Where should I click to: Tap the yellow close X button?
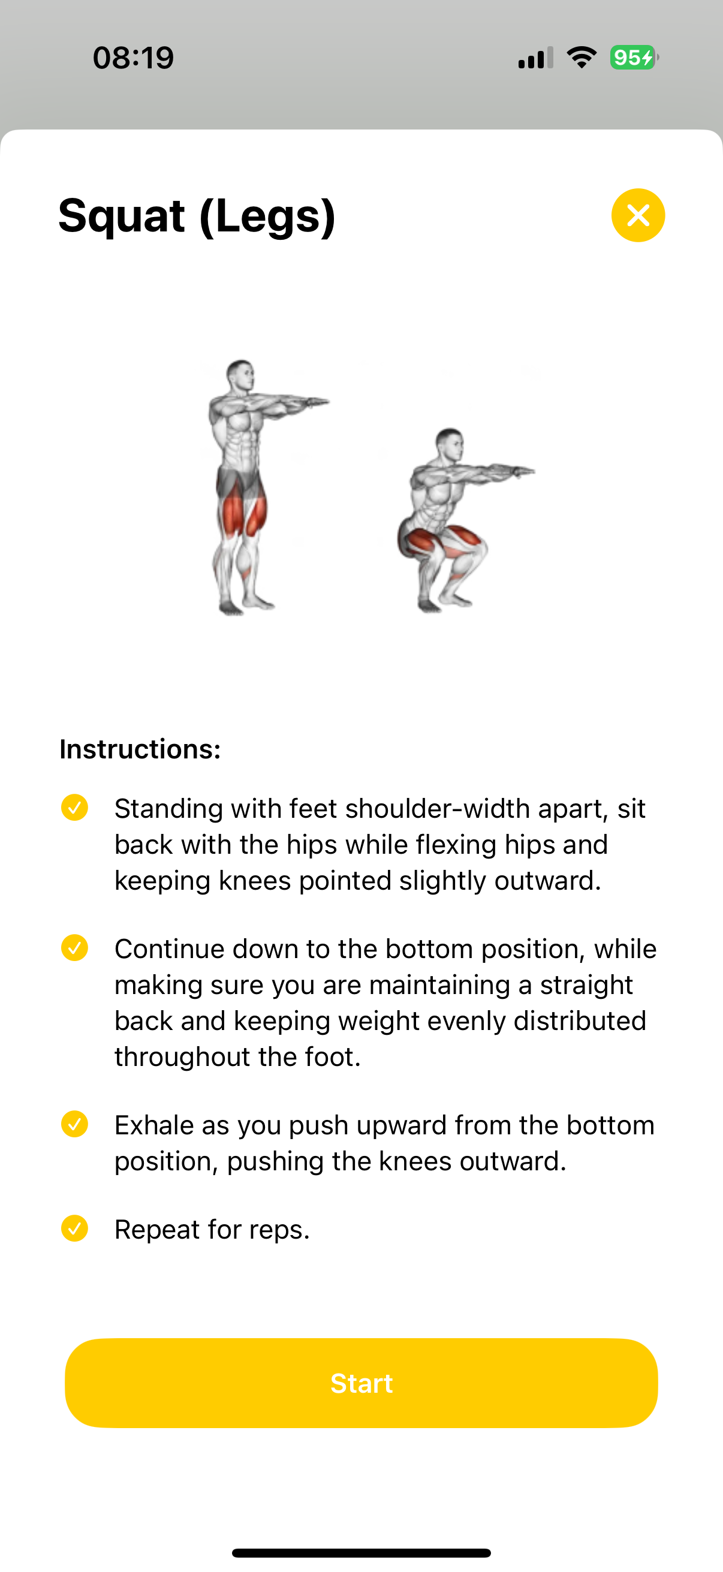638,215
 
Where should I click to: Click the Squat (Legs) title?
197,216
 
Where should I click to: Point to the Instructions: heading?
140,749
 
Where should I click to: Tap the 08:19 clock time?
134,58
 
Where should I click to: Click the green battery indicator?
634,58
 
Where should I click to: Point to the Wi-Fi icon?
582,58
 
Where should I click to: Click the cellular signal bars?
536,58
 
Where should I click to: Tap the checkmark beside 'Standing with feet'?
74,808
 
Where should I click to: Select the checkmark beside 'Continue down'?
74,948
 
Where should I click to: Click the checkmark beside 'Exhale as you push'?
74,1124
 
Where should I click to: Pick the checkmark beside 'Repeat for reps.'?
74,1228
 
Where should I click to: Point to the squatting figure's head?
450,444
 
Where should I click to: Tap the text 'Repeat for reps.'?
212,1230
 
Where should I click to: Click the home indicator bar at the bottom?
361,1552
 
